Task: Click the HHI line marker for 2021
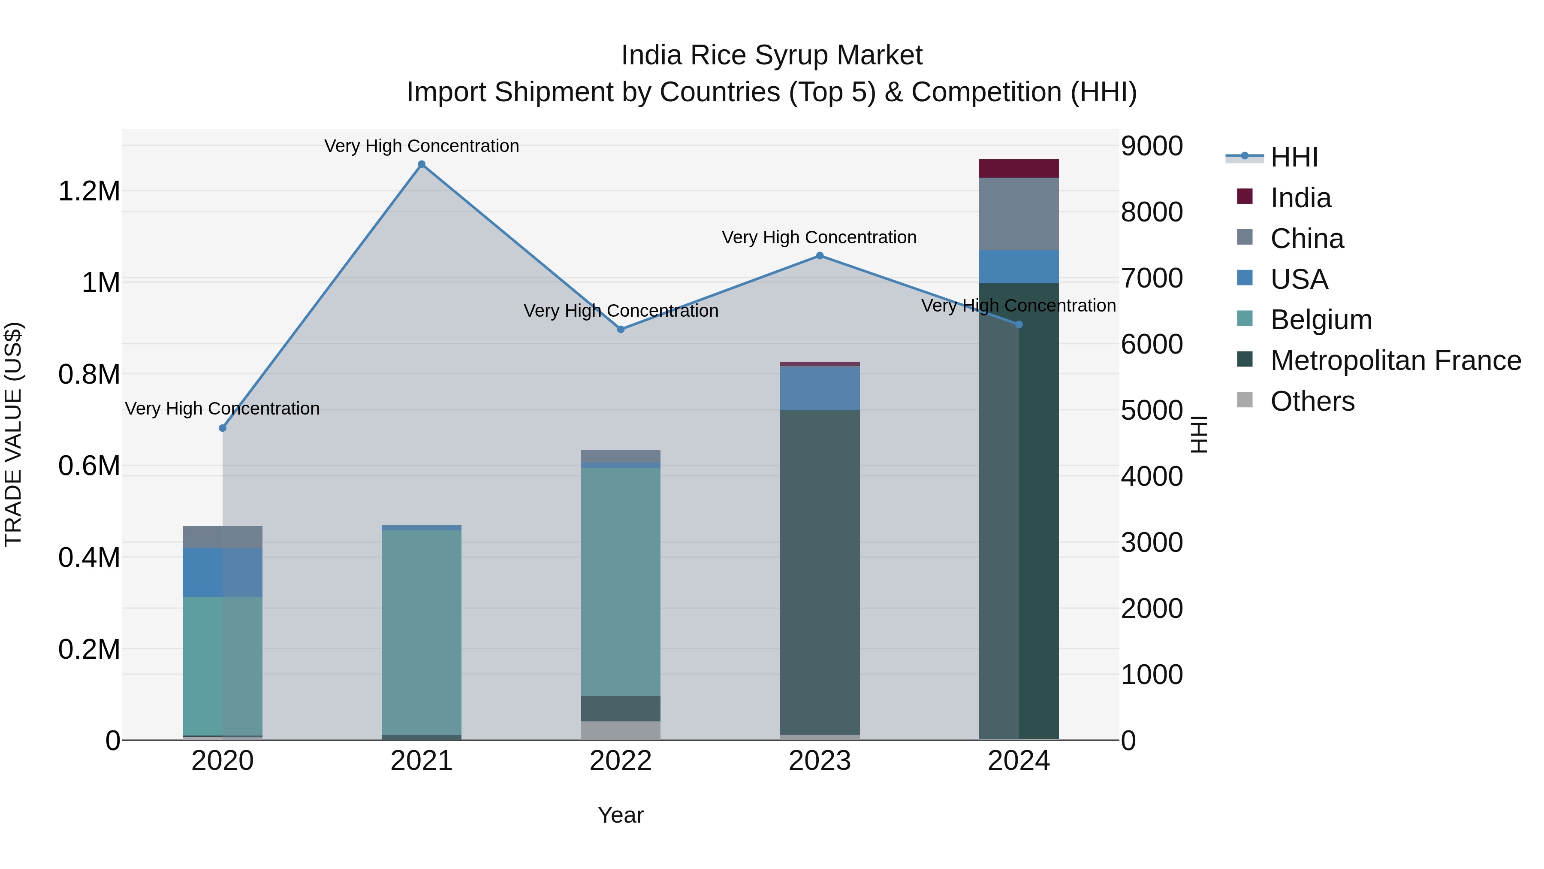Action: click(421, 164)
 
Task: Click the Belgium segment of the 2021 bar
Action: click(421, 632)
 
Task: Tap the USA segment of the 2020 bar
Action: click(222, 573)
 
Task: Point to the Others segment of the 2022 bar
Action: click(620, 730)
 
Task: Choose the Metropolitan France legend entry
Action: click(1395, 361)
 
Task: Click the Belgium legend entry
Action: click(1321, 320)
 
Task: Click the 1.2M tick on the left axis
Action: click(89, 192)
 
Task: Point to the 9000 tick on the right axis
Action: click(1152, 146)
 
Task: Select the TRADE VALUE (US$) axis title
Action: click(13, 434)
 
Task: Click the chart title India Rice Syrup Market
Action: click(772, 55)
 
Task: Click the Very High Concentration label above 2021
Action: click(421, 146)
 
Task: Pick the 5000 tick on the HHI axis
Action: click(1152, 411)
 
